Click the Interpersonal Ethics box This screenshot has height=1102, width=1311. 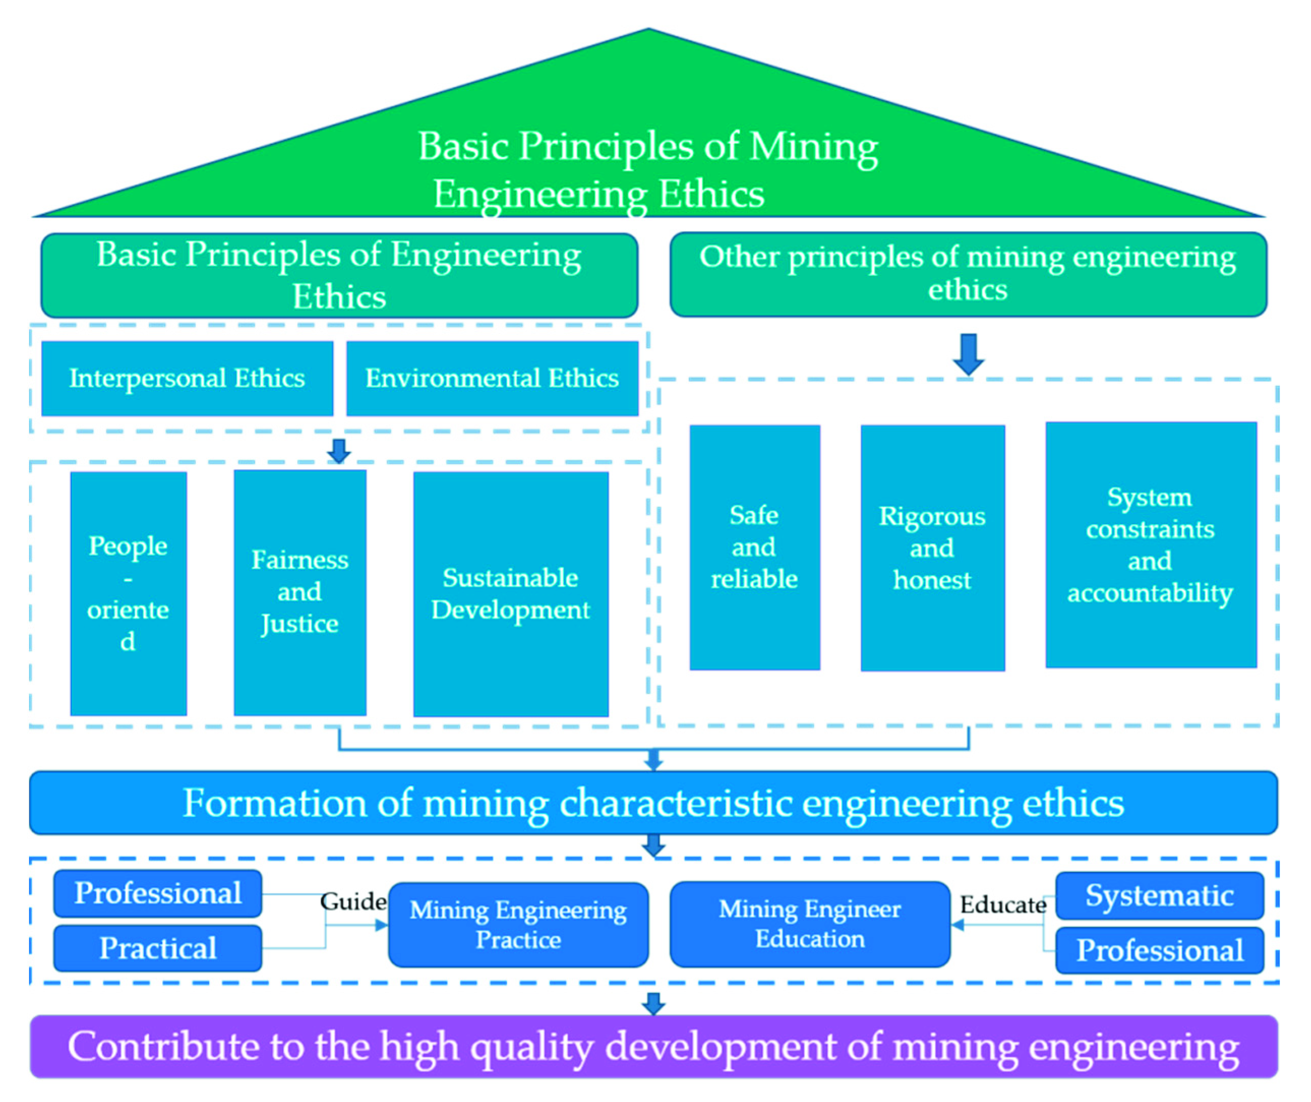(187, 379)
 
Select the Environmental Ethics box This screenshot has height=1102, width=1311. (492, 379)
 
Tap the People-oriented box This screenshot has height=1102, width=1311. (128, 594)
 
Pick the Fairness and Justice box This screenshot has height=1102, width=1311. (300, 592)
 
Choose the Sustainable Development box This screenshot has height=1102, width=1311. (510, 594)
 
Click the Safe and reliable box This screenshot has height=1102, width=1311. (754, 547)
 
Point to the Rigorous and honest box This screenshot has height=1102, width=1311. (932, 548)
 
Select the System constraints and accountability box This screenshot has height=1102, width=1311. (1150, 545)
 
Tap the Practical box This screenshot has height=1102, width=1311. (158, 948)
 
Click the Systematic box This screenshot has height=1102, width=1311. (1159, 895)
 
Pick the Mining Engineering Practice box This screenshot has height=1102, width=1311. (518, 925)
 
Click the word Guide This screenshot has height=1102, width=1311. (353, 901)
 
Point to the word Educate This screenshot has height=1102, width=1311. (1002, 905)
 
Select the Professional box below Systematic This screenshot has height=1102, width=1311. (1159, 950)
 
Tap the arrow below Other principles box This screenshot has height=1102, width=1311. (968, 354)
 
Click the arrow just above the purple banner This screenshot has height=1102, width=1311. (653, 1003)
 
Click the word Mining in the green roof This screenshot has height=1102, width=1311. (813, 147)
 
